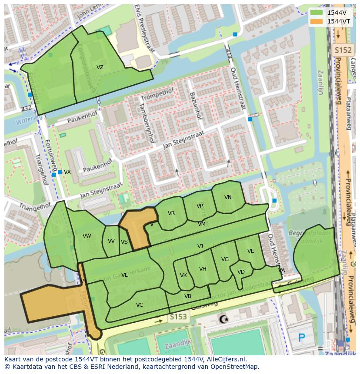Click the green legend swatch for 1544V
click(x=316, y=13)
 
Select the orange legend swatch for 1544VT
click(x=316, y=21)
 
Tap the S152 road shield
click(x=342, y=50)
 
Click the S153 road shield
click(x=178, y=317)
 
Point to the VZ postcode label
click(x=100, y=67)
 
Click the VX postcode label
click(x=67, y=172)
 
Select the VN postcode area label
click(x=228, y=197)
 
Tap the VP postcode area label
click(x=200, y=206)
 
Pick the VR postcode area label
click(x=171, y=213)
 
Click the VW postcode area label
click(x=87, y=236)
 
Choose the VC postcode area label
click(x=140, y=305)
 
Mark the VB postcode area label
click(x=188, y=296)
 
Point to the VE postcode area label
click(x=251, y=251)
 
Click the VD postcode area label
click(x=241, y=272)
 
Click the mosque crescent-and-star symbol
click(x=224, y=320)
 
